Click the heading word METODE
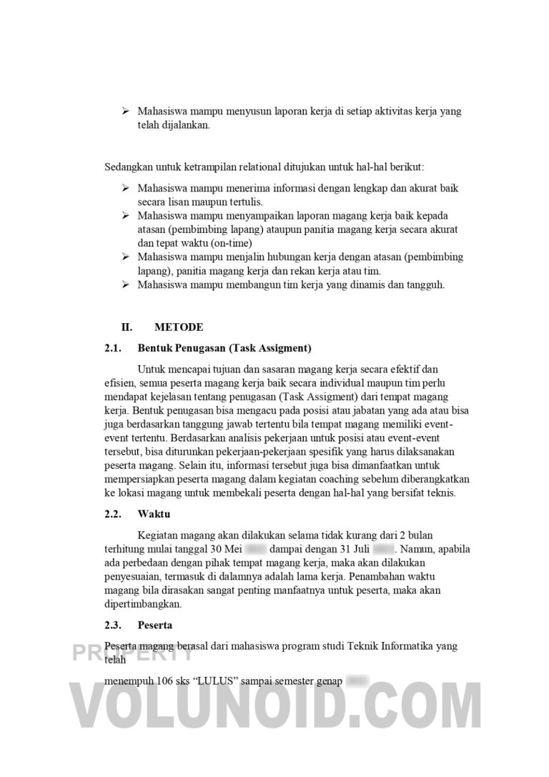click(x=179, y=327)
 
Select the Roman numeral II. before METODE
click(x=127, y=327)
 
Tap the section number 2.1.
click(x=114, y=349)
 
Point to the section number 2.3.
click(x=114, y=625)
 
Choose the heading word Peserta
click(x=155, y=625)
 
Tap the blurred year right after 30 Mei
click(x=255, y=550)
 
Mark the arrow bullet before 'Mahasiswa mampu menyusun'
click(x=125, y=112)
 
